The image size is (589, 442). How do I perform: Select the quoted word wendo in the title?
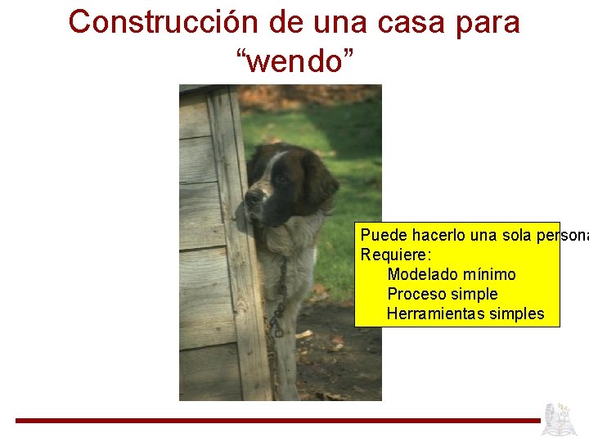(295, 60)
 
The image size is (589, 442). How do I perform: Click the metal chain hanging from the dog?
(278, 303)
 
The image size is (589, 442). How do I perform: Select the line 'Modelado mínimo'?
(451, 274)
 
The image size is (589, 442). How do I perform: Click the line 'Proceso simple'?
(442, 294)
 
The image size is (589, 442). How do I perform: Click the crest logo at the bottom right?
(560, 419)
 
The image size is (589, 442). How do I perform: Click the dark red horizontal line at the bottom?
(278, 421)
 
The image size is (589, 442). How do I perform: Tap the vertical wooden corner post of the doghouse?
(239, 246)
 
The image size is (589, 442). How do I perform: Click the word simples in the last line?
(516, 313)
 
